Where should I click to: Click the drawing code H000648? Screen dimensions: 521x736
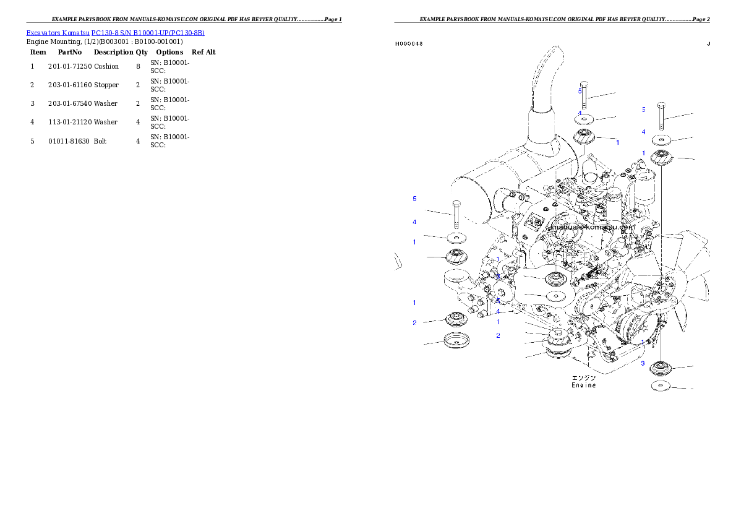[x=409, y=44]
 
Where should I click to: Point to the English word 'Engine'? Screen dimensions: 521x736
[x=583, y=385]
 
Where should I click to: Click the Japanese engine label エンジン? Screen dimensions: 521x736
[x=583, y=377]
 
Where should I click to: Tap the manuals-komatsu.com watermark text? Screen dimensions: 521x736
[x=593, y=226]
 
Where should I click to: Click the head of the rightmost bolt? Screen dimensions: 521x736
[x=661, y=104]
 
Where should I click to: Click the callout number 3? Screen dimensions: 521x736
[x=643, y=363]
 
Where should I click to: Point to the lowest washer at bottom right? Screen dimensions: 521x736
[x=661, y=387]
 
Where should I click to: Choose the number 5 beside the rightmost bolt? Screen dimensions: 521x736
[x=643, y=110]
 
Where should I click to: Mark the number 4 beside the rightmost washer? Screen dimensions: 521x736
[x=643, y=132]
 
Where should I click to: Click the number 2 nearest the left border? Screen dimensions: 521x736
[x=414, y=323]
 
